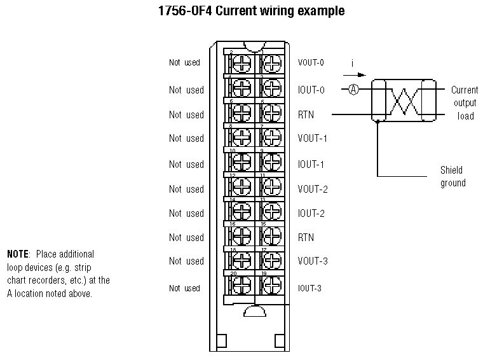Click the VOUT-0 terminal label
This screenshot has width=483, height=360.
[311, 63]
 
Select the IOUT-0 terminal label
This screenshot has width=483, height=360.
[311, 90]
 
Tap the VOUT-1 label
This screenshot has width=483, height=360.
[311, 139]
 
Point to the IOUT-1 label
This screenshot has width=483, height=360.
[311, 165]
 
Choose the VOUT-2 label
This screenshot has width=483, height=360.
[311, 190]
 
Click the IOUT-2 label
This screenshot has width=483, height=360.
[311, 214]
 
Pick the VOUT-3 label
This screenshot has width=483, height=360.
[311, 261]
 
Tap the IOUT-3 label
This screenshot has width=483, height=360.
[310, 289]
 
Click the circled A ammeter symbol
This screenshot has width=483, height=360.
[354, 90]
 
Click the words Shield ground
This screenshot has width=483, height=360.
[452, 177]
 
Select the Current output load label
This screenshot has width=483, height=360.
[465, 103]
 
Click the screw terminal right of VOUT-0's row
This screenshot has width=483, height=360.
[271, 63]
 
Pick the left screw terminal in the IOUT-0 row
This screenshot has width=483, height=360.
[241, 87]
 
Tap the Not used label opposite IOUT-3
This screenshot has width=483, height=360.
[185, 289]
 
